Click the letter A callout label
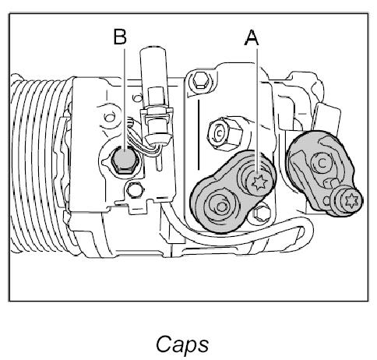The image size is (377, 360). click(252, 38)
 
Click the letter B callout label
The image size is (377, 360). click(120, 37)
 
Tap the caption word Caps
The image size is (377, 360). click(182, 344)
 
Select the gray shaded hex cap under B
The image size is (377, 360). click(124, 160)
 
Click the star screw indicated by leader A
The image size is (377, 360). click(259, 183)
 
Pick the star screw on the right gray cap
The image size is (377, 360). click(351, 200)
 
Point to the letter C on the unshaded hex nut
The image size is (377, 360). click(220, 133)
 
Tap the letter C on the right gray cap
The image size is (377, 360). click(322, 163)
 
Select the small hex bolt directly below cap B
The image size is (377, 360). click(135, 190)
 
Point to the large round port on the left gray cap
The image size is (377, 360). click(221, 207)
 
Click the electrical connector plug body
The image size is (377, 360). click(157, 124)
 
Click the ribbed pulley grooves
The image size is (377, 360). click(39, 164)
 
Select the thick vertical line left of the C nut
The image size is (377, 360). click(199, 135)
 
